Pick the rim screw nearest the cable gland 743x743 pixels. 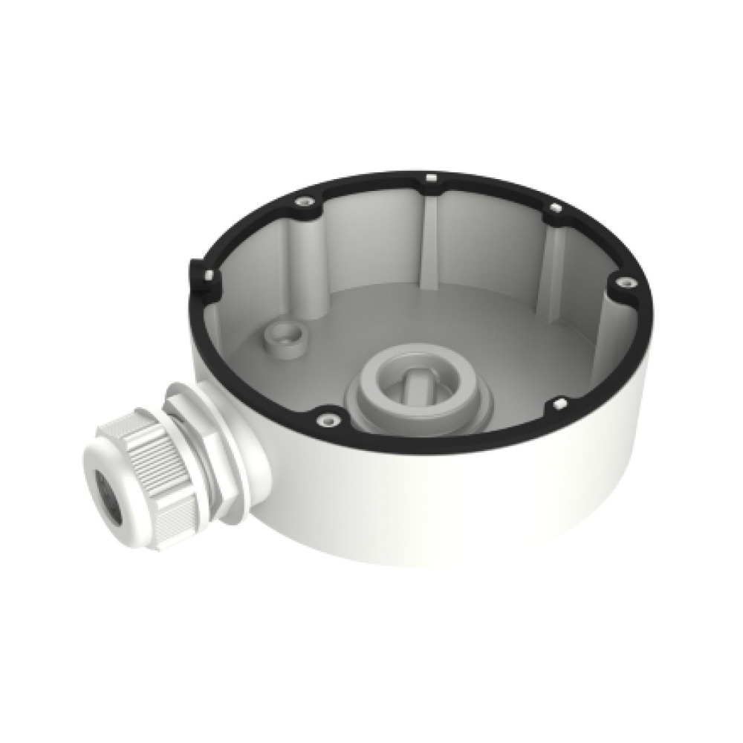click(x=324, y=421)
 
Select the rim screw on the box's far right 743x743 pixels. click(x=623, y=282)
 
